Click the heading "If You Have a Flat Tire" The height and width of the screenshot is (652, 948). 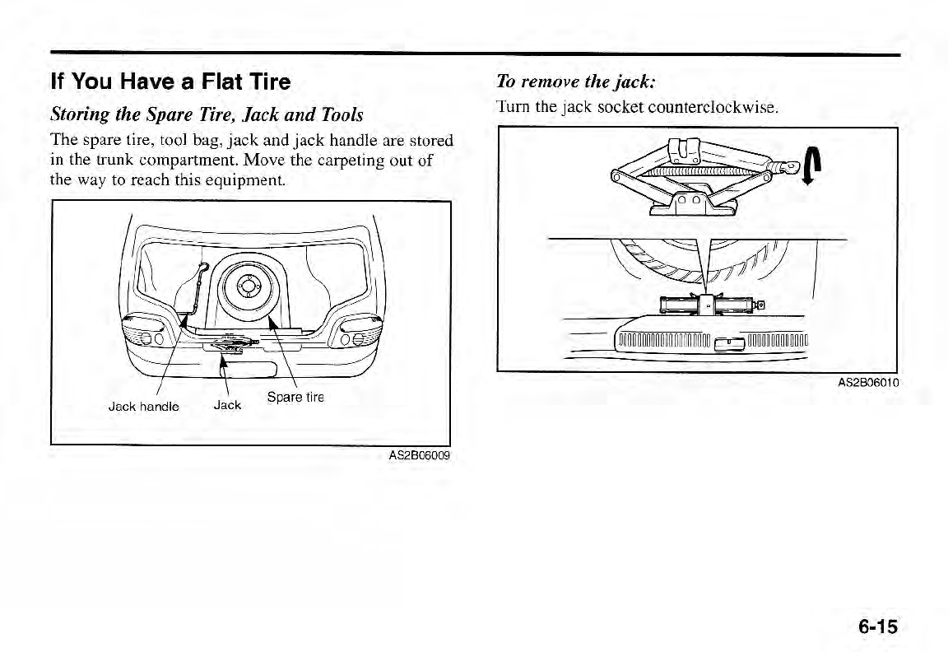point(170,82)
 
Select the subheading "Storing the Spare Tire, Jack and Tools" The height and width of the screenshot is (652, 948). point(207,113)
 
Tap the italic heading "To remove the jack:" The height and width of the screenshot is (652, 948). point(576,81)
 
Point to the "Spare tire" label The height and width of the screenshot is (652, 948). point(296,398)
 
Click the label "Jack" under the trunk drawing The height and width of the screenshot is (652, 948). point(227,405)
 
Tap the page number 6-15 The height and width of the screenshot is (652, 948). point(877,626)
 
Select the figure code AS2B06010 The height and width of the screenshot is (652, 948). point(867,383)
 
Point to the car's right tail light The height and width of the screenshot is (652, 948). point(356,335)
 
